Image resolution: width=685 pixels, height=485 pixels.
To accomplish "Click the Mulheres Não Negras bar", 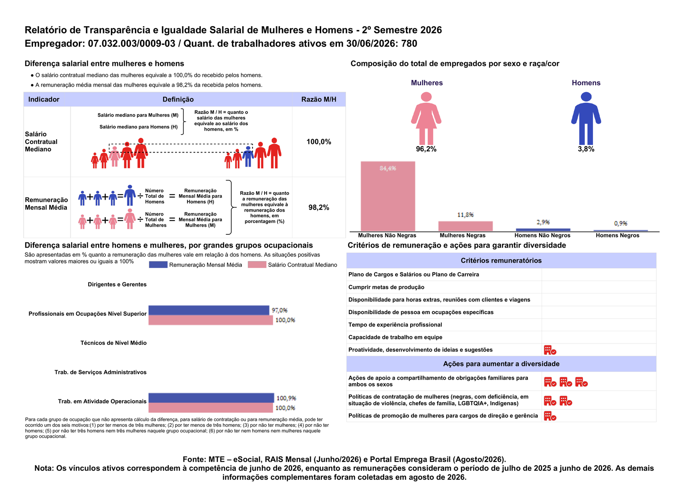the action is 388,196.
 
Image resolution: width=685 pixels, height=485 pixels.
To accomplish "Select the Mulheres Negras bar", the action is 465,226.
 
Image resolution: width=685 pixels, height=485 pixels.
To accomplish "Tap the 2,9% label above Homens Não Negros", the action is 543,222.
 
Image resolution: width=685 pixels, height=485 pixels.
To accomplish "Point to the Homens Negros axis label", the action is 617,235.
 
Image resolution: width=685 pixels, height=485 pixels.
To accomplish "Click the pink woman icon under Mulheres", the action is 426,118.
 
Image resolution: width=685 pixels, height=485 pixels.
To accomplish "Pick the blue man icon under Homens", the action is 586,118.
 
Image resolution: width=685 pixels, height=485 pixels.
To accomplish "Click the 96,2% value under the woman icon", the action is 426,149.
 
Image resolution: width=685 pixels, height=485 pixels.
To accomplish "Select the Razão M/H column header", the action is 319,99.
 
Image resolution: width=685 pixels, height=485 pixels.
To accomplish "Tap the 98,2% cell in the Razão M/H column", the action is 319,207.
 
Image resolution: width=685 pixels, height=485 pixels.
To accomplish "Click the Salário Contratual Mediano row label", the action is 41,142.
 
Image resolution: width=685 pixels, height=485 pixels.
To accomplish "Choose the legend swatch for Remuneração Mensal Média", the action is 158,265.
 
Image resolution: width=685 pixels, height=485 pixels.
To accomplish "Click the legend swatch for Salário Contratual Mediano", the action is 257,265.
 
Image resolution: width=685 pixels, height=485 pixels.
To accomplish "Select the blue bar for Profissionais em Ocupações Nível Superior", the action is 209,310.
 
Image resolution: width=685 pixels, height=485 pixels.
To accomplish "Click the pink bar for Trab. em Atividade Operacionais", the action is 211,407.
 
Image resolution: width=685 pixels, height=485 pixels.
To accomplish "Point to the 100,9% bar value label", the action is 286,398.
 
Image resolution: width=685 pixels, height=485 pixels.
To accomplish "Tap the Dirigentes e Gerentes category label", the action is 117,284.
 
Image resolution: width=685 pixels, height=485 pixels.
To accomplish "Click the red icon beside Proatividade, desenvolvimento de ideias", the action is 550,350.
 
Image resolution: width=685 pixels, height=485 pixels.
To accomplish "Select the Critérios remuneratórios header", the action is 501,260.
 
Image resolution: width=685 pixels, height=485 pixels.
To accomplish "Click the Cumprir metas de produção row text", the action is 386,287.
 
